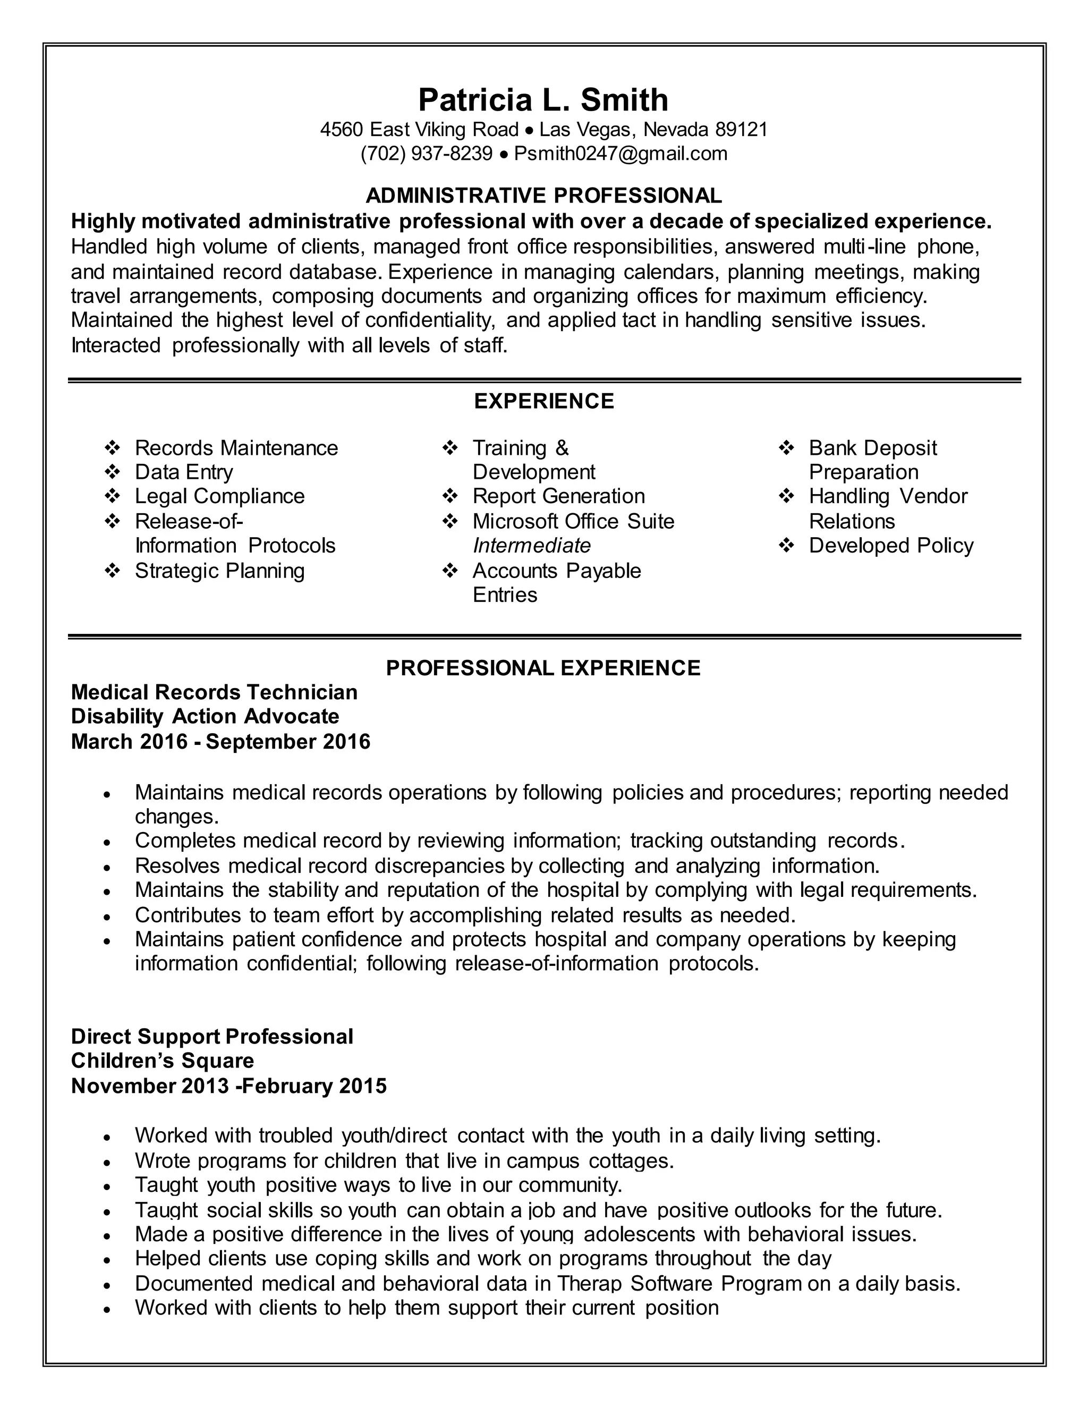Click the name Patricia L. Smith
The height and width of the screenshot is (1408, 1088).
[543, 100]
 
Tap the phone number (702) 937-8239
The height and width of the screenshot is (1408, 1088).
[426, 154]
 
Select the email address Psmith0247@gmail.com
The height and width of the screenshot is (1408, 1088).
[620, 154]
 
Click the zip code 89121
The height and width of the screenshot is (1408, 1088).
[741, 130]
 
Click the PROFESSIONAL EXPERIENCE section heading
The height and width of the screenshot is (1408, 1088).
[543, 667]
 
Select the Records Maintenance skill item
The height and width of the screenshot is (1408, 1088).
[236, 447]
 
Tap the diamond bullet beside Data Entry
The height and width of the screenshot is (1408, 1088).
[112, 472]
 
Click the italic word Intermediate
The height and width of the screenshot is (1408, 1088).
[531, 546]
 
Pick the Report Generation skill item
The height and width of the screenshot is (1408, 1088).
[558, 496]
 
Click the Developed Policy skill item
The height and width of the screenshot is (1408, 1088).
[891, 546]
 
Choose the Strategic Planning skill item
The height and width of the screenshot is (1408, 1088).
[219, 571]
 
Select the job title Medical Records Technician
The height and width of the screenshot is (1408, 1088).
[214, 692]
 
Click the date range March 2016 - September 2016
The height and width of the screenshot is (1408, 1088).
[220, 741]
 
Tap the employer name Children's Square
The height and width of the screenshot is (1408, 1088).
[163, 1061]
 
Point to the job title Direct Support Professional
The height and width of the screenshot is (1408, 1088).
[212, 1036]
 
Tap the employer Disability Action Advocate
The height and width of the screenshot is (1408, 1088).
[205, 716]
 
